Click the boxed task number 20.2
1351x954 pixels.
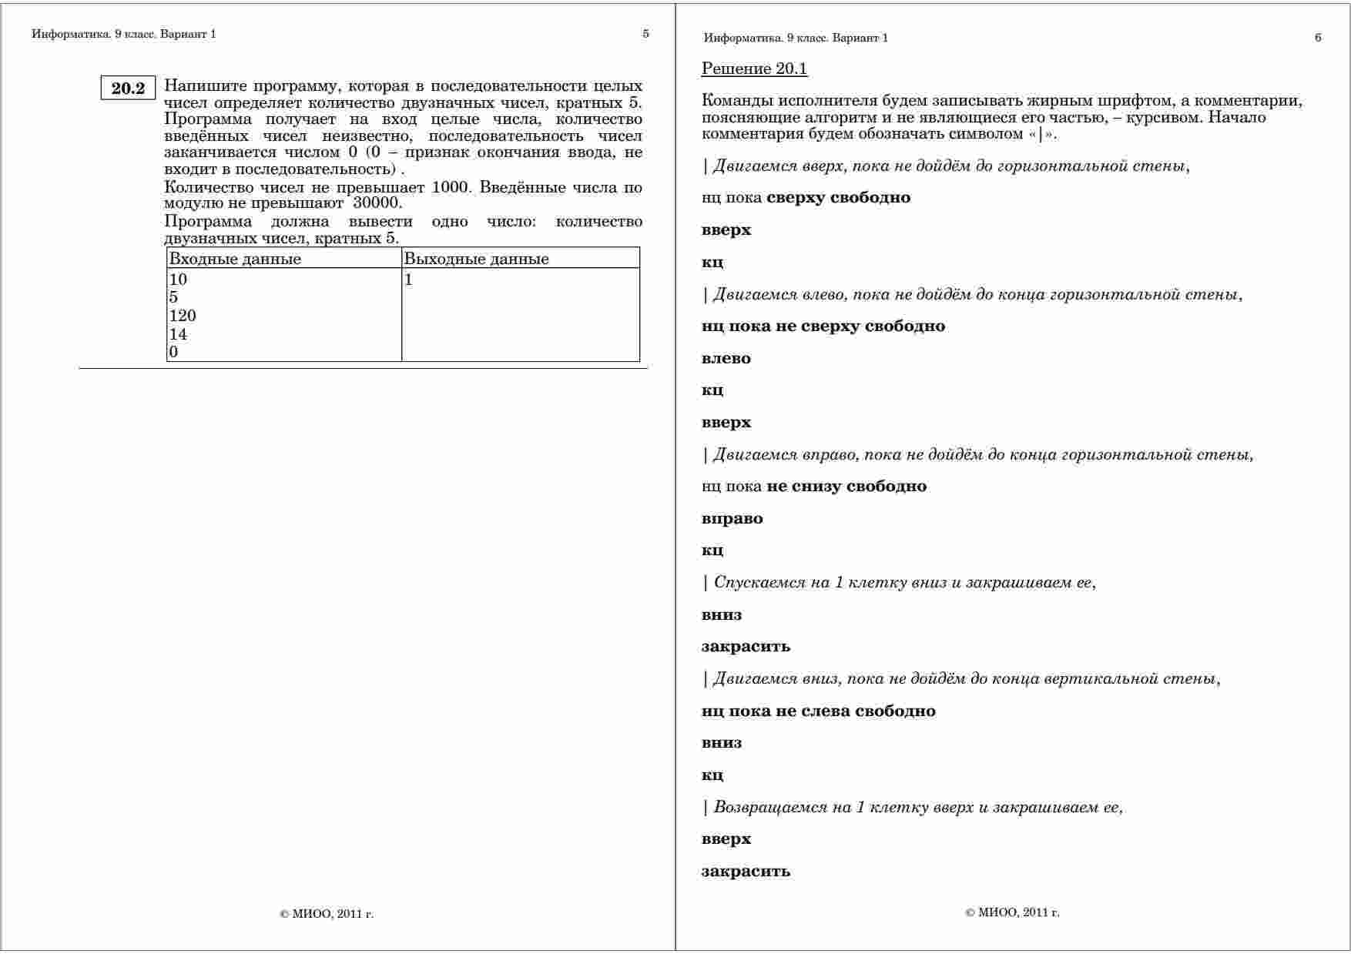[x=128, y=89]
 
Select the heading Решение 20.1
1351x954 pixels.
[x=754, y=69]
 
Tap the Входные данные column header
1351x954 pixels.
[x=235, y=259]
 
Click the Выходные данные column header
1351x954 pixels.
[x=476, y=259]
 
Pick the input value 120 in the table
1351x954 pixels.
[x=183, y=316]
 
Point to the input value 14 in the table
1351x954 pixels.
[x=178, y=334]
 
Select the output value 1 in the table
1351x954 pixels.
[x=409, y=280]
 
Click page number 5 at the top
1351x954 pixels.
[x=645, y=34]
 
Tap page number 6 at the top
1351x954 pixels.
[x=1318, y=38]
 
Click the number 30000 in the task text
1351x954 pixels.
[x=377, y=203]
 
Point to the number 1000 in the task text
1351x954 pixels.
[x=451, y=187]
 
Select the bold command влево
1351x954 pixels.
[x=726, y=358]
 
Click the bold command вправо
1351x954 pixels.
[x=732, y=518]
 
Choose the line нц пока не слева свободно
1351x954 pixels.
[x=818, y=711]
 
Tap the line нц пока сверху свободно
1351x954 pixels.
[x=806, y=197]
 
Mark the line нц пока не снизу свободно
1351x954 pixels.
[x=814, y=486]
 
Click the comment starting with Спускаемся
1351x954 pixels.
[x=900, y=582]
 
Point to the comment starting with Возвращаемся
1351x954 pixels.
[x=913, y=807]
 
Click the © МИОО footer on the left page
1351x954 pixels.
[x=327, y=914]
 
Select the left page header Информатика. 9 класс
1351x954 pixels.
[x=124, y=34]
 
